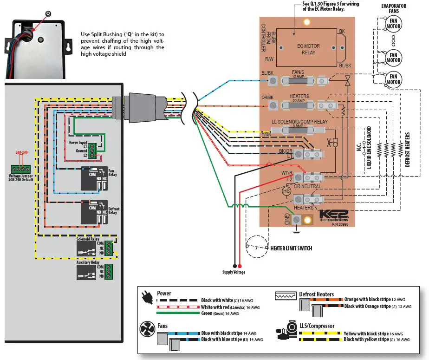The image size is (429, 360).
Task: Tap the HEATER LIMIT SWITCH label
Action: coord(291,249)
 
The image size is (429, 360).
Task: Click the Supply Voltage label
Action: coord(234,272)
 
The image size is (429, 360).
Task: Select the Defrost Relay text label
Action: coord(114,211)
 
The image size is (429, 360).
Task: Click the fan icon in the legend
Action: coord(147,329)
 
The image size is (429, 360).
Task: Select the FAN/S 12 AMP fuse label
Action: coord(298,74)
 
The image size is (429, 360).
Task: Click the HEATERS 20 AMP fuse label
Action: coord(299,98)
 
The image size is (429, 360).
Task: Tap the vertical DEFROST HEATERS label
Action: coord(407,150)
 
